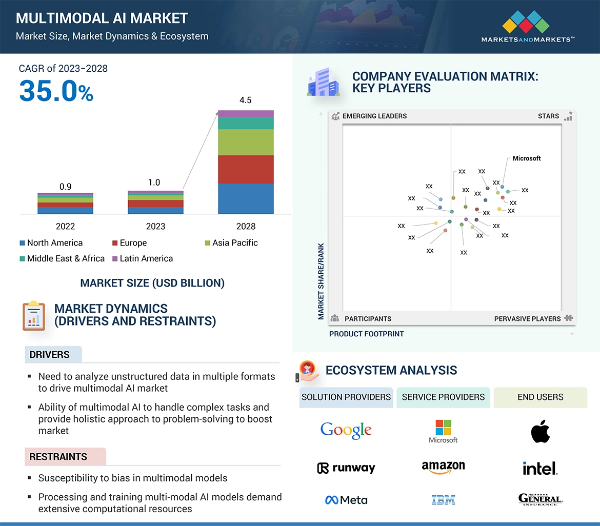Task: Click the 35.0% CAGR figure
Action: point(56,91)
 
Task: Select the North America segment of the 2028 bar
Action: point(246,199)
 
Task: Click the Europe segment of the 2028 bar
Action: point(246,169)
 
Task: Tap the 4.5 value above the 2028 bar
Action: point(246,100)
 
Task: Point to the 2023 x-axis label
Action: point(155,226)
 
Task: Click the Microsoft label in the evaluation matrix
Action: point(527,158)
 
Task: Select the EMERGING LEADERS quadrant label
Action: point(374,116)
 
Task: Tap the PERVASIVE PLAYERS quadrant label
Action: point(527,318)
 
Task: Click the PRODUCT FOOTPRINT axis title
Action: point(366,334)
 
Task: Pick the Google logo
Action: point(346,430)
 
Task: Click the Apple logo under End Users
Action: point(540,432)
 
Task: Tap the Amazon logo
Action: point(443,467)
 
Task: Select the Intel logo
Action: point(539,468)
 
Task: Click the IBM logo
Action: point(443,499)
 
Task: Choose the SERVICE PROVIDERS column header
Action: point(443,397)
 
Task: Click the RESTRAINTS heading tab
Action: point(58,456)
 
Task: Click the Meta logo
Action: point(346,500)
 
